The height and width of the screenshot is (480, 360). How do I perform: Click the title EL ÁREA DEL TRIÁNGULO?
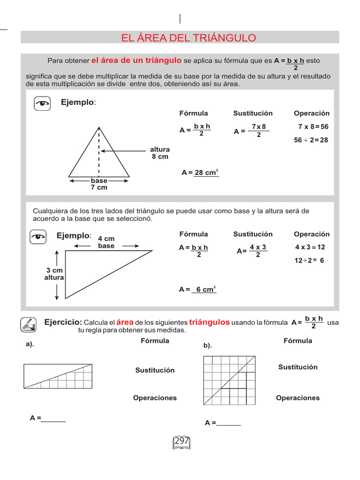click(x=188, y=38)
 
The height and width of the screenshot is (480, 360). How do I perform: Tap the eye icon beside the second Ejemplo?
click(x=38, y=237)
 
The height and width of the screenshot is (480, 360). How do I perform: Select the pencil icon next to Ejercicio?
click(x=29, y=324)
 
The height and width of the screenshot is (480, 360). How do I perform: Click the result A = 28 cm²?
click(x=200, y=172)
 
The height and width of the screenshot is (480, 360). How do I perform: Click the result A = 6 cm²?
click(x=198, y=290)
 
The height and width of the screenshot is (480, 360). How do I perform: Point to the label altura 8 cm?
click(x=160, y=153)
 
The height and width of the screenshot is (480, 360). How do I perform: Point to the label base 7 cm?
click(x=99, y=184)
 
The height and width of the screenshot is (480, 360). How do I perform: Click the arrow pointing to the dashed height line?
click(x=124, y=151)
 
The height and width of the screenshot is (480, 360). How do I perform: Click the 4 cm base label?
click(x=106, y=242)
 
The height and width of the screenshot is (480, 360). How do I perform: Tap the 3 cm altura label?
click(x=54, y=274)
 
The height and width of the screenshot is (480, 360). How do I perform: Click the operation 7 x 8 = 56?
click(x=313, y=127)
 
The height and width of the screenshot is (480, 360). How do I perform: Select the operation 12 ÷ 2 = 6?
click(x=309, y=261)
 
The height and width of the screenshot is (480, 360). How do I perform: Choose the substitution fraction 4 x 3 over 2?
click(x=257, y=251)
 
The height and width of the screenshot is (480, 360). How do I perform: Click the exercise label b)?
click(x=208, y=345)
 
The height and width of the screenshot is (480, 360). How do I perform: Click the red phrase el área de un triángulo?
click(x=136, y=60)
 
